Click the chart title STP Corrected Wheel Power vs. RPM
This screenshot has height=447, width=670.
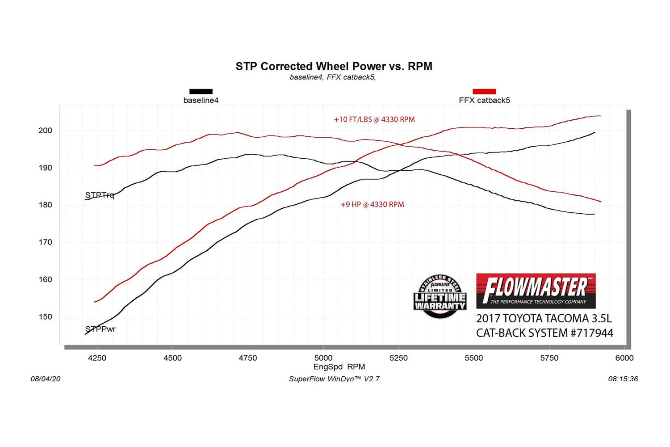(x=334, y=67)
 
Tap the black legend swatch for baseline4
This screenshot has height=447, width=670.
(x=201, y=92)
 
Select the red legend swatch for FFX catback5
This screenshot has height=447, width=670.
(x=484, y=92)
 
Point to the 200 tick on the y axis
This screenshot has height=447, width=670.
(x=45, y=131)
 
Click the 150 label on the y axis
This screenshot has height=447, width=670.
(x=45, y=317)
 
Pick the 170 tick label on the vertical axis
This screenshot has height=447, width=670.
(x=45, y=242)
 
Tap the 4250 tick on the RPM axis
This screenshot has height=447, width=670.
(x=97, y=358)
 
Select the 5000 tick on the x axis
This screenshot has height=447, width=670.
(x=323, y=358)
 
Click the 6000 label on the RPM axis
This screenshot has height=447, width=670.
(x=624, y=358)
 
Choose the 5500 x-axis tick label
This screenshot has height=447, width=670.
(x=473, y=358)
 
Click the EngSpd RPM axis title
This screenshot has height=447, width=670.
(x=339, y=367)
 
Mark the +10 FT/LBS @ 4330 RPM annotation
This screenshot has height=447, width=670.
(x=374, y=120)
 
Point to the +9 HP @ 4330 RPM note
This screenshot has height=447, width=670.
(x=372, y=205)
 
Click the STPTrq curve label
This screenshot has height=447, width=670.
(x=100, y=195)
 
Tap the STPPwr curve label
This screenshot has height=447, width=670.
(x=100, y=329)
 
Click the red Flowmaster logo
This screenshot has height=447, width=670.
(x=536, y=291)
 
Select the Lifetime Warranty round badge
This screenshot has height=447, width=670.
(x=440, y=296)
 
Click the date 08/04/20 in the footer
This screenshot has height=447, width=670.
(x=46, y=379)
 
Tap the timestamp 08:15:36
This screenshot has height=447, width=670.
(x=623, y=379)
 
